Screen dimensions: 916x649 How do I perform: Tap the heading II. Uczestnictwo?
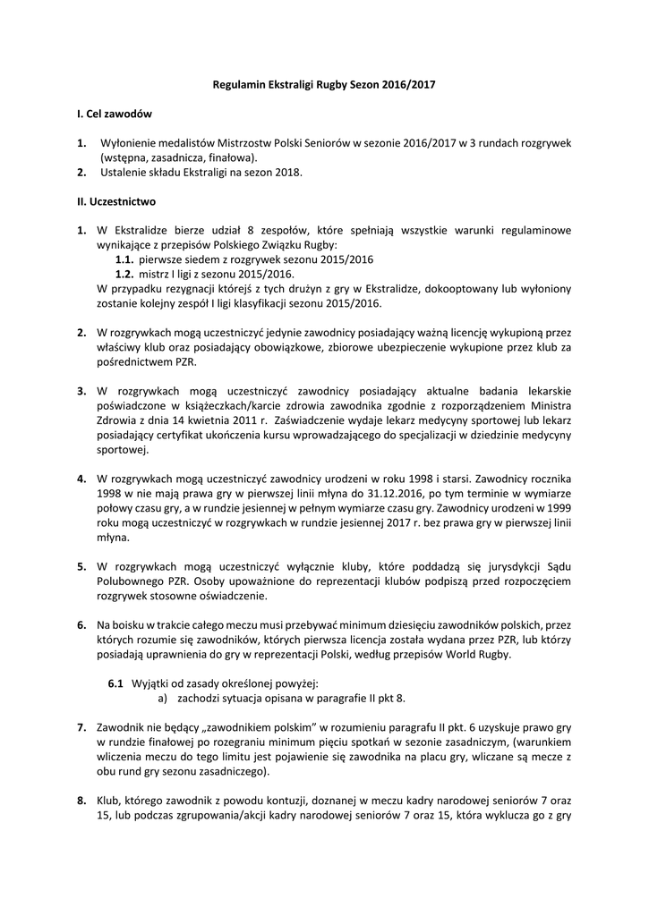116,201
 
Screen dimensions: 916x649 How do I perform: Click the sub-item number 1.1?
125,259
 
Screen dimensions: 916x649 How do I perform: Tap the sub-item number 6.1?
115,683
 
